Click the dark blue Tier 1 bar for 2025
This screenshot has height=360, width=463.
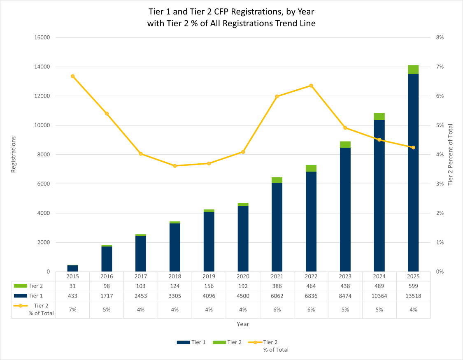(x=413, y=173)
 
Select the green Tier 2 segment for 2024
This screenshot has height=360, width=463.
(x=379, y=116)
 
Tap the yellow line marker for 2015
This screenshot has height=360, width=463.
(x=72, y=76)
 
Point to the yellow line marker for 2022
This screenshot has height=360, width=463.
(x=311, y=86)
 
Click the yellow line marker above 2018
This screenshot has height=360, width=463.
(x=174, y=166)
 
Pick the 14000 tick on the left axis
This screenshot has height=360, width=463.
(x=41, y=67)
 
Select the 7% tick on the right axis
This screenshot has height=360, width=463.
(x=440, y=67)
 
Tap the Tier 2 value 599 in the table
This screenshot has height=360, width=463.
(x=413, y=286)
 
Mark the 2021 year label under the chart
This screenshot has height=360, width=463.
(x=277, y=277)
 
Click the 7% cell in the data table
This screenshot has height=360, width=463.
(x=72, y=309)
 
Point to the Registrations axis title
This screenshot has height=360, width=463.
(x=13, y=154)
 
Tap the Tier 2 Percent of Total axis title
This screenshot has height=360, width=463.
(x=450, y=154)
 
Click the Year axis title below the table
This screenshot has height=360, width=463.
(x=243, y=324)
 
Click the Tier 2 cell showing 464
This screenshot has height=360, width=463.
(x=311, y=286)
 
